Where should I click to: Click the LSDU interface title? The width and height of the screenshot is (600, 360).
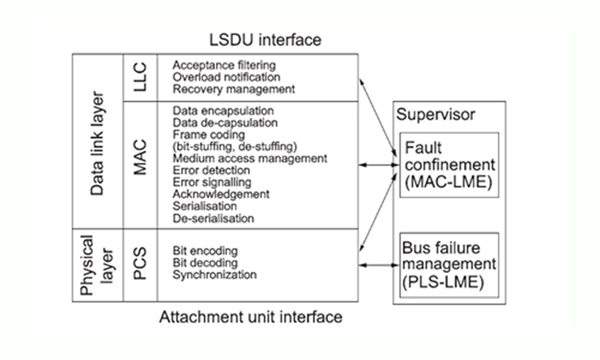click(x=265, y=40)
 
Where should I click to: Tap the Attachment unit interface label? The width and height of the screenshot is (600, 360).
click(x=250, y=317)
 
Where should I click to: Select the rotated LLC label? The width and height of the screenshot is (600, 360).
click(x=140, y=77)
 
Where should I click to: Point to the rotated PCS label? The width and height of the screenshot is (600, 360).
click(x=140, y=264)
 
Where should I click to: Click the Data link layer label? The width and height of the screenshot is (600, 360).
click(x=97, y=144)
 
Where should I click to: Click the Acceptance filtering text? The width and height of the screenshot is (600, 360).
click(x=224, y=65)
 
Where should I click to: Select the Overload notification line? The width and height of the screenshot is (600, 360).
click(x=226, y=77)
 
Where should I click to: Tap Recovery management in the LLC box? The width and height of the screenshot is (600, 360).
click(x=233, y=89)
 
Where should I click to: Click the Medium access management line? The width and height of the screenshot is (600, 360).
click(x=250, y=158)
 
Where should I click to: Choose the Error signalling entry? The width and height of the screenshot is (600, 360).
click(x=212, y=182)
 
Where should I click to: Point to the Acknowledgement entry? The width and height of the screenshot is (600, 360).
click(x=221, y=194)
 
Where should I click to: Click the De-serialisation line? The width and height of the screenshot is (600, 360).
click(x=213, y=218)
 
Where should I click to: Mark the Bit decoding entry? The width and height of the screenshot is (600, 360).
click(x=205, y=263)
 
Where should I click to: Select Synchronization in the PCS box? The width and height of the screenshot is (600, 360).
click(x=215, y=275)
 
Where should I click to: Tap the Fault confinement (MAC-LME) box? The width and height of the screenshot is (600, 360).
click(x=449, y=165)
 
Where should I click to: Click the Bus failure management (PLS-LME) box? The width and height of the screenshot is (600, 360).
click(x=449, y=265)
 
